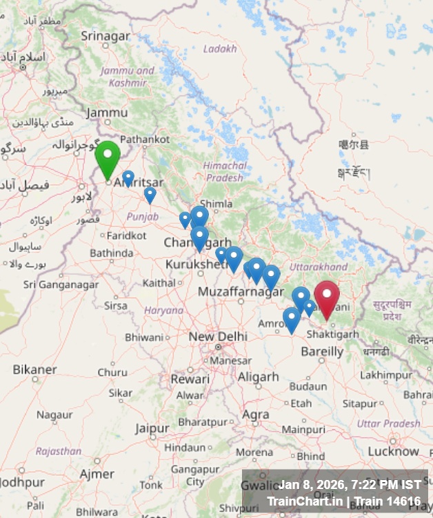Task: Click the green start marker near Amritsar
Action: point(108,157)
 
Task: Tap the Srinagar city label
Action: point(105,35)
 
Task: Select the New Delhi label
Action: point(218,336)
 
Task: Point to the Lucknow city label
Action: point(393,451)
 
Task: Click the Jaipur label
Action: point(152,428)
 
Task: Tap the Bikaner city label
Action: point(34,370)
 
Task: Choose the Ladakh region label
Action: point(220,49)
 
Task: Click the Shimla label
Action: point(216,204)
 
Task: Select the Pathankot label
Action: point(145,139)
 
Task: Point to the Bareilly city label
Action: point(322,352)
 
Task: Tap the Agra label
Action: point(256,414)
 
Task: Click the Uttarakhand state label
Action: point(319,267)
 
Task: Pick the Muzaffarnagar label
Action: point(241,292)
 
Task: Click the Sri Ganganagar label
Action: point(61,284)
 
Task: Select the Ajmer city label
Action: point(97,474)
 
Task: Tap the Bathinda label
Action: point(111,253)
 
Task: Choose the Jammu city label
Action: point(107,113)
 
